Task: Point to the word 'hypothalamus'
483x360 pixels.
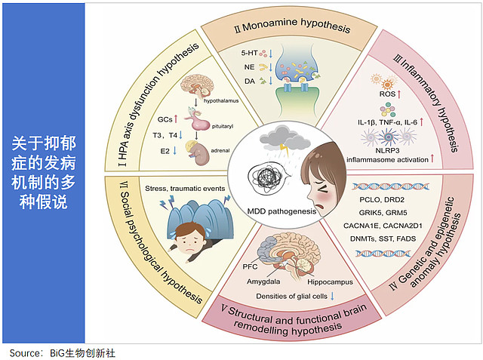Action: [222, 100]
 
